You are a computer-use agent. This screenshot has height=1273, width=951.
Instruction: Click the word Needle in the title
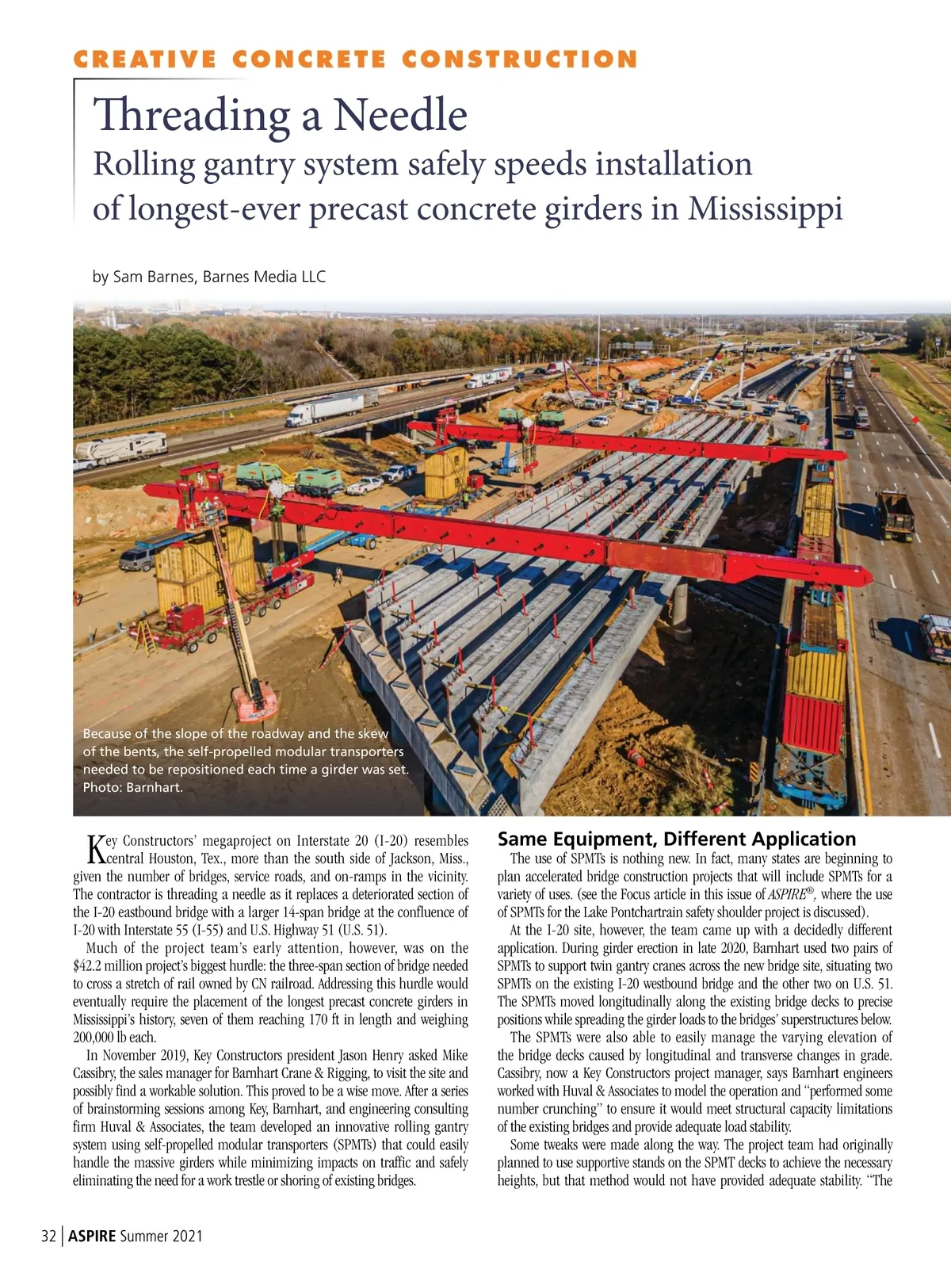click(400, 115)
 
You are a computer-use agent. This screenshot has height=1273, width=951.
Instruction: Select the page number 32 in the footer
click(48, 1236)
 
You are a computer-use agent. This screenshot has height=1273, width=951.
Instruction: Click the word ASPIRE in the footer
click(92, 1236)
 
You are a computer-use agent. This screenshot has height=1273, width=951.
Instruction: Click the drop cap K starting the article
click(94, 848)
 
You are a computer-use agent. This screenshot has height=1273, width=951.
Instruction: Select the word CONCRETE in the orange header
click(310, 59)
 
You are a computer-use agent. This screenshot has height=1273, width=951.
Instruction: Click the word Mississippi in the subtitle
click(765, 208)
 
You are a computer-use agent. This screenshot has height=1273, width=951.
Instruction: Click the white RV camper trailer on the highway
click(121, 449)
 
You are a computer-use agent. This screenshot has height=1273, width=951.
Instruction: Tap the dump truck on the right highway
click(895, 514)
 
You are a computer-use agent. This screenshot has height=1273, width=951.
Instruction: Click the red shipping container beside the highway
click(812, 723)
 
